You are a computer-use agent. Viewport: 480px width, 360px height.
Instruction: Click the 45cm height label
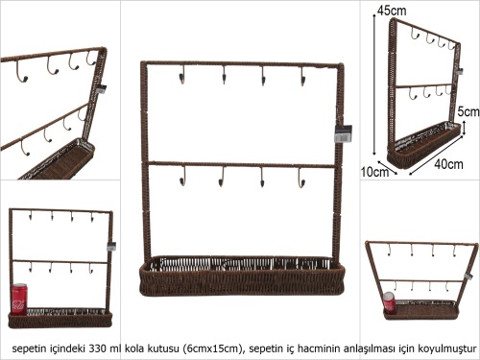(x=392, y=11)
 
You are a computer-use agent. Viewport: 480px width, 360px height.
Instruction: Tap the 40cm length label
(x=448, y=164)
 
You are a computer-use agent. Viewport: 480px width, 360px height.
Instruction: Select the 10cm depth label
(x=374, y=172)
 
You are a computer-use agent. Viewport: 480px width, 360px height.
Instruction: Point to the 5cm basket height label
(x=468, y=111)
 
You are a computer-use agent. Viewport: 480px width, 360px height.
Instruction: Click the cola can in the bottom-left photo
(x=19, y=299)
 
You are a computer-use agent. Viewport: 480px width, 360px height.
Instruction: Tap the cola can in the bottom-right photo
(x=389, y=302)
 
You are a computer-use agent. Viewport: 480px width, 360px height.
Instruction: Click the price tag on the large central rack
(x=343, y=133)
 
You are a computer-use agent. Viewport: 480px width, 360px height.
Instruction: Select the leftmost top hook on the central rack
(x=181, y=76)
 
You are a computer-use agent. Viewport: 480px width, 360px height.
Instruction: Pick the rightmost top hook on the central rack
(x=302, y=76)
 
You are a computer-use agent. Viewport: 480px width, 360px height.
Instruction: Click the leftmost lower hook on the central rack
(x=182, y=176)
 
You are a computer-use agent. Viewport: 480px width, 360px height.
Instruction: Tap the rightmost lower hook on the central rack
(x=301, y=177)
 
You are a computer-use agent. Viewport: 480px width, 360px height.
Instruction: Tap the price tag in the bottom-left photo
(x=111, y=246)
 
